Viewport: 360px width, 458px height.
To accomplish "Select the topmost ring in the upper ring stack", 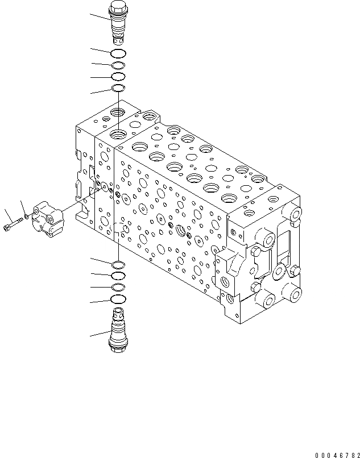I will (x=118, y=54).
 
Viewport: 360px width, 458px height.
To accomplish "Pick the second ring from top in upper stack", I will (x=118, y=65).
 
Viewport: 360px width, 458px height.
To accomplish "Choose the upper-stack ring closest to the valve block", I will (x=118, y=88).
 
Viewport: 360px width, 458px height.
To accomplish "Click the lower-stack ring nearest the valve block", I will (x=118, y=264).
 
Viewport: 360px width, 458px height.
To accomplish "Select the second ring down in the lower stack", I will (x=118, y=276).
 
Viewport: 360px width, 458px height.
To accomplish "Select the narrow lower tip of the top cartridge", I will (x=118, y=39).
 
